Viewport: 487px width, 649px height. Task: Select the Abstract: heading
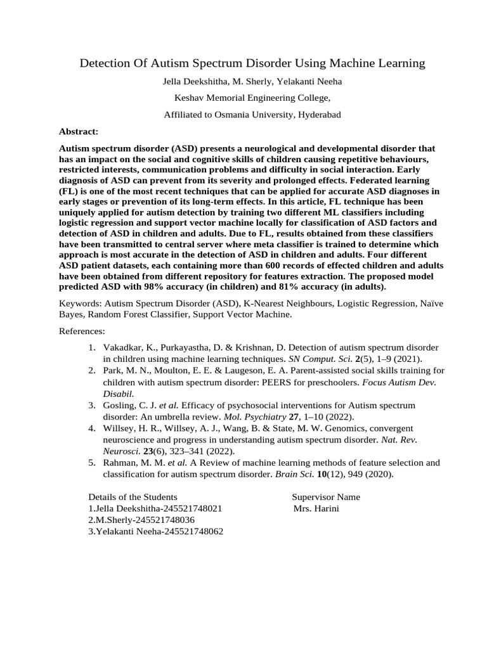79,131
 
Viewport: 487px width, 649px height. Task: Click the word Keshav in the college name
188,98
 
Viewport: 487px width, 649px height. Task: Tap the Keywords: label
81,303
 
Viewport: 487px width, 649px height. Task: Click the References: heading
82,331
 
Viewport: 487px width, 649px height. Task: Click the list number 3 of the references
91,405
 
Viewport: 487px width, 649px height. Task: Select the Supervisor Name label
325,497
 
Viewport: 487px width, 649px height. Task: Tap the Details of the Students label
133,497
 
